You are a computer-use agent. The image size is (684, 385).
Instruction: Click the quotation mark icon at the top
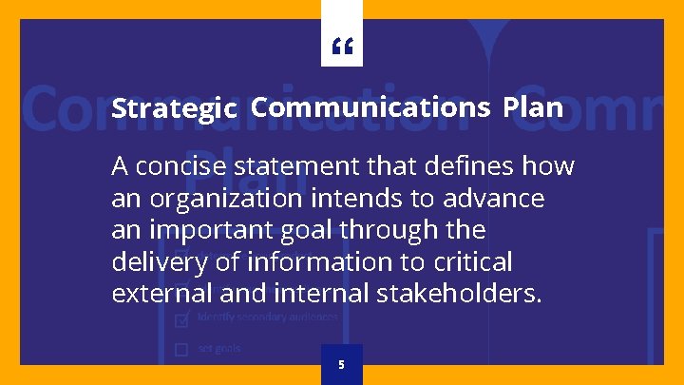click(341, 46)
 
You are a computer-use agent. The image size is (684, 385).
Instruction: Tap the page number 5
click(341, 365)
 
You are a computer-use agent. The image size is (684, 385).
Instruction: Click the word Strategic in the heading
click(174, 109)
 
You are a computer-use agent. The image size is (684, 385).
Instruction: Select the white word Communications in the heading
click(371, 107)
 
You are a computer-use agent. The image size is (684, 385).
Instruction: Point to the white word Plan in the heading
click(533, 107)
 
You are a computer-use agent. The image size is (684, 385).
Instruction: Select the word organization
click(210, 200)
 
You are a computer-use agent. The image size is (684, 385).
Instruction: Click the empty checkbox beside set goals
click(181, 349)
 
